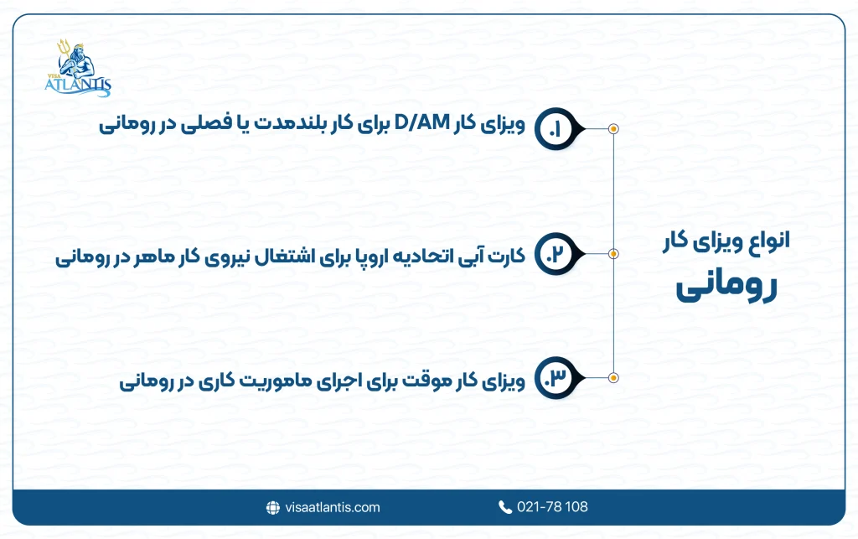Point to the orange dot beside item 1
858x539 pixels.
(613, 129)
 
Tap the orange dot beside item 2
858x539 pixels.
(613, 253)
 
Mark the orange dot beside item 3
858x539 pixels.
(613, 378)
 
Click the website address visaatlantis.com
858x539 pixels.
(332, 507)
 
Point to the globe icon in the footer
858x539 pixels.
(272, 507)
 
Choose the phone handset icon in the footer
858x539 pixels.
(505, 507)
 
